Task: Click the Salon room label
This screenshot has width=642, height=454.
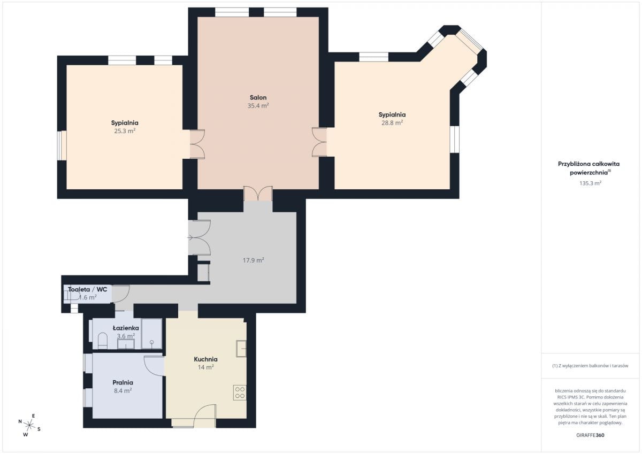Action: point(258,97)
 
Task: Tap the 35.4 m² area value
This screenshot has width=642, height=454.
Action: point(258,106)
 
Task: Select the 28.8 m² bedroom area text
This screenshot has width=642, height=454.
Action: point(392,123)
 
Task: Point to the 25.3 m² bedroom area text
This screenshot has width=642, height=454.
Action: point(125,131)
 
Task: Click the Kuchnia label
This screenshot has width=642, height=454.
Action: point(205,359)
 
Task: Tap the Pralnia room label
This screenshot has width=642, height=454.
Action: point(123,383)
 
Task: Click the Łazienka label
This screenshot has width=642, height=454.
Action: point(126,328)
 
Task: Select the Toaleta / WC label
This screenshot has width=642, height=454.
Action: point(87,289)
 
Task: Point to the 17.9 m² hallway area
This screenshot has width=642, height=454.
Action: point(254,260)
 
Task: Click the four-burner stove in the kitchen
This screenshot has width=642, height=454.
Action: point(240,393)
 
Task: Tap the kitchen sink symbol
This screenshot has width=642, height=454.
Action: point(241,349)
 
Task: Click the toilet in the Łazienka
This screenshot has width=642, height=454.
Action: point(103,341)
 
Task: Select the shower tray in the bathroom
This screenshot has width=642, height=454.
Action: point(151,334)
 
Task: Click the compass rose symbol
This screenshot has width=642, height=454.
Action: point(29,425)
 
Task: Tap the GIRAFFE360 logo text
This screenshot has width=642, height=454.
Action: point(590,435)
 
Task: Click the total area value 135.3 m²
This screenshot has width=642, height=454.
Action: point(590,183)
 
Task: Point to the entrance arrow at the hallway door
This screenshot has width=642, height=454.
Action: point(190,237)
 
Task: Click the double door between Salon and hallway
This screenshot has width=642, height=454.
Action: point(258,194)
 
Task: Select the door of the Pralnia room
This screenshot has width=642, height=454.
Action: point(154,366)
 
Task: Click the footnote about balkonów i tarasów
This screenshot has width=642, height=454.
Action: point(590,366)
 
